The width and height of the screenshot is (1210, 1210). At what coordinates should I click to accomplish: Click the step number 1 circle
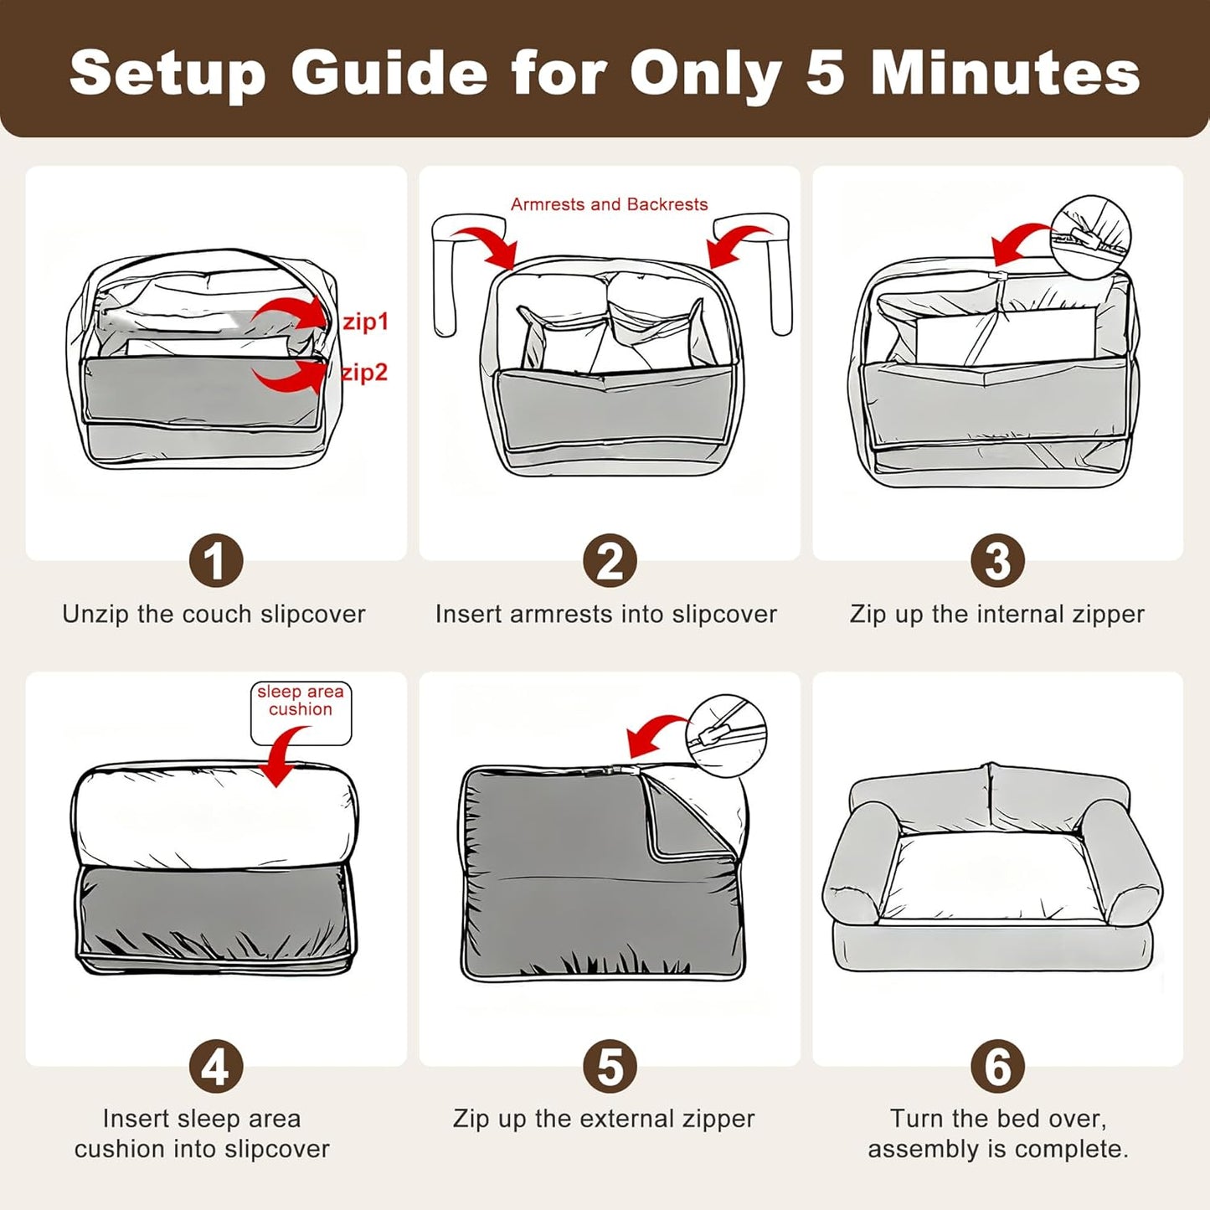click(x=215, y=561)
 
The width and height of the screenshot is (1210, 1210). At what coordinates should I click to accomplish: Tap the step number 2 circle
click(x=610, y=561)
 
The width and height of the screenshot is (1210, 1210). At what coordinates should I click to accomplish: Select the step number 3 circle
click(x=997, y=561)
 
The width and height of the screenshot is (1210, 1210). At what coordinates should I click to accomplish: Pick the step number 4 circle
click(x=215, y=1066)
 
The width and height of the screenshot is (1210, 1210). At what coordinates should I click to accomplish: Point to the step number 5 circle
click(x=610, y=1066)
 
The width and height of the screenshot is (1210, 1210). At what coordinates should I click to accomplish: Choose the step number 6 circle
click(x=997, y=1066)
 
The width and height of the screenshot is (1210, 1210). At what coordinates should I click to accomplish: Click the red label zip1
click(x=365, y=322)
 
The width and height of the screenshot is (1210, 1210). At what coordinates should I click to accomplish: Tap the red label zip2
click(x=364, y=373)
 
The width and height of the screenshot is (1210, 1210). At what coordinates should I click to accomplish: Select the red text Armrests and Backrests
click(x=609, y=204)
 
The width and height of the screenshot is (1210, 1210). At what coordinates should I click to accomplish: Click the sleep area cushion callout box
click(x=301, y=713)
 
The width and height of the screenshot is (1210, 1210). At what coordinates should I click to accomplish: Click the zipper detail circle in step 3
click(x=1090, y=233)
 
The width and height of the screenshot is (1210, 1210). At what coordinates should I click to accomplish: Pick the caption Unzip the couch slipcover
click(x=214, y=614)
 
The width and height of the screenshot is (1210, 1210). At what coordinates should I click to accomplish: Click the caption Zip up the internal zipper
click(x=997, y=614)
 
